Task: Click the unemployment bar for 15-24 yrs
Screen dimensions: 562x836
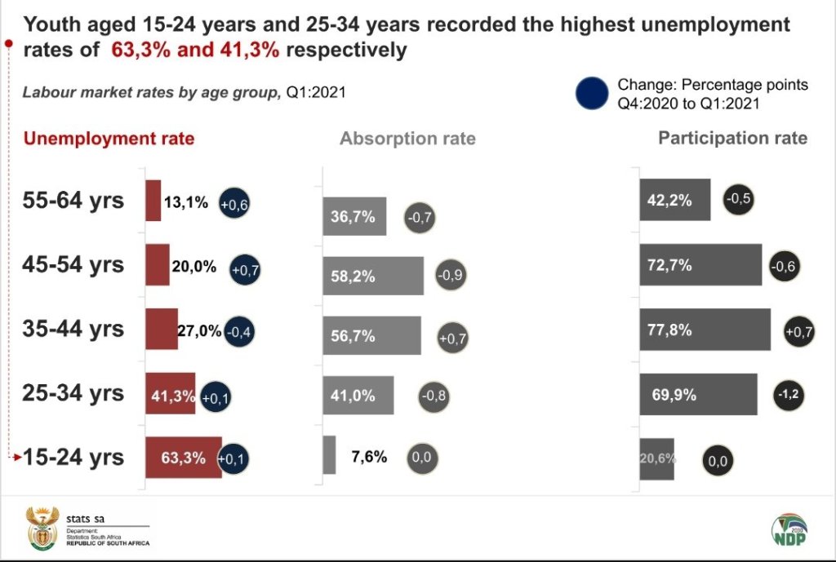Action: pos(183,458)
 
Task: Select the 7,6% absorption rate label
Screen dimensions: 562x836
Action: pos(369,457)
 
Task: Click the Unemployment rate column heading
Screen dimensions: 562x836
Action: pos(109,139)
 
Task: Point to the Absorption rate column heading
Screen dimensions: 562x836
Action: pos(407,139)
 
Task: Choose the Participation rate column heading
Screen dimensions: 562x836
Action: pos(732,138)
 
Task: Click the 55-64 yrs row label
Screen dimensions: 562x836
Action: pos(73,201)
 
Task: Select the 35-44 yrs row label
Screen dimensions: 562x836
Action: pos(73,329)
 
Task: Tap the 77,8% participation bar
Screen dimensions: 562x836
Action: pos(705,330)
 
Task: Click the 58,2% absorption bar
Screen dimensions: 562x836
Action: pos(373,276)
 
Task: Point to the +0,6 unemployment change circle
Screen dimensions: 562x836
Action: pos(233,206)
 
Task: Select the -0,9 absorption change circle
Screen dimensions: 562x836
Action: pos(451,274)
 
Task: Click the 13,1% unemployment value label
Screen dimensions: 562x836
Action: pos(186,202)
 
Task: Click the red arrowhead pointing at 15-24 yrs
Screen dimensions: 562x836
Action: pos(17,458)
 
